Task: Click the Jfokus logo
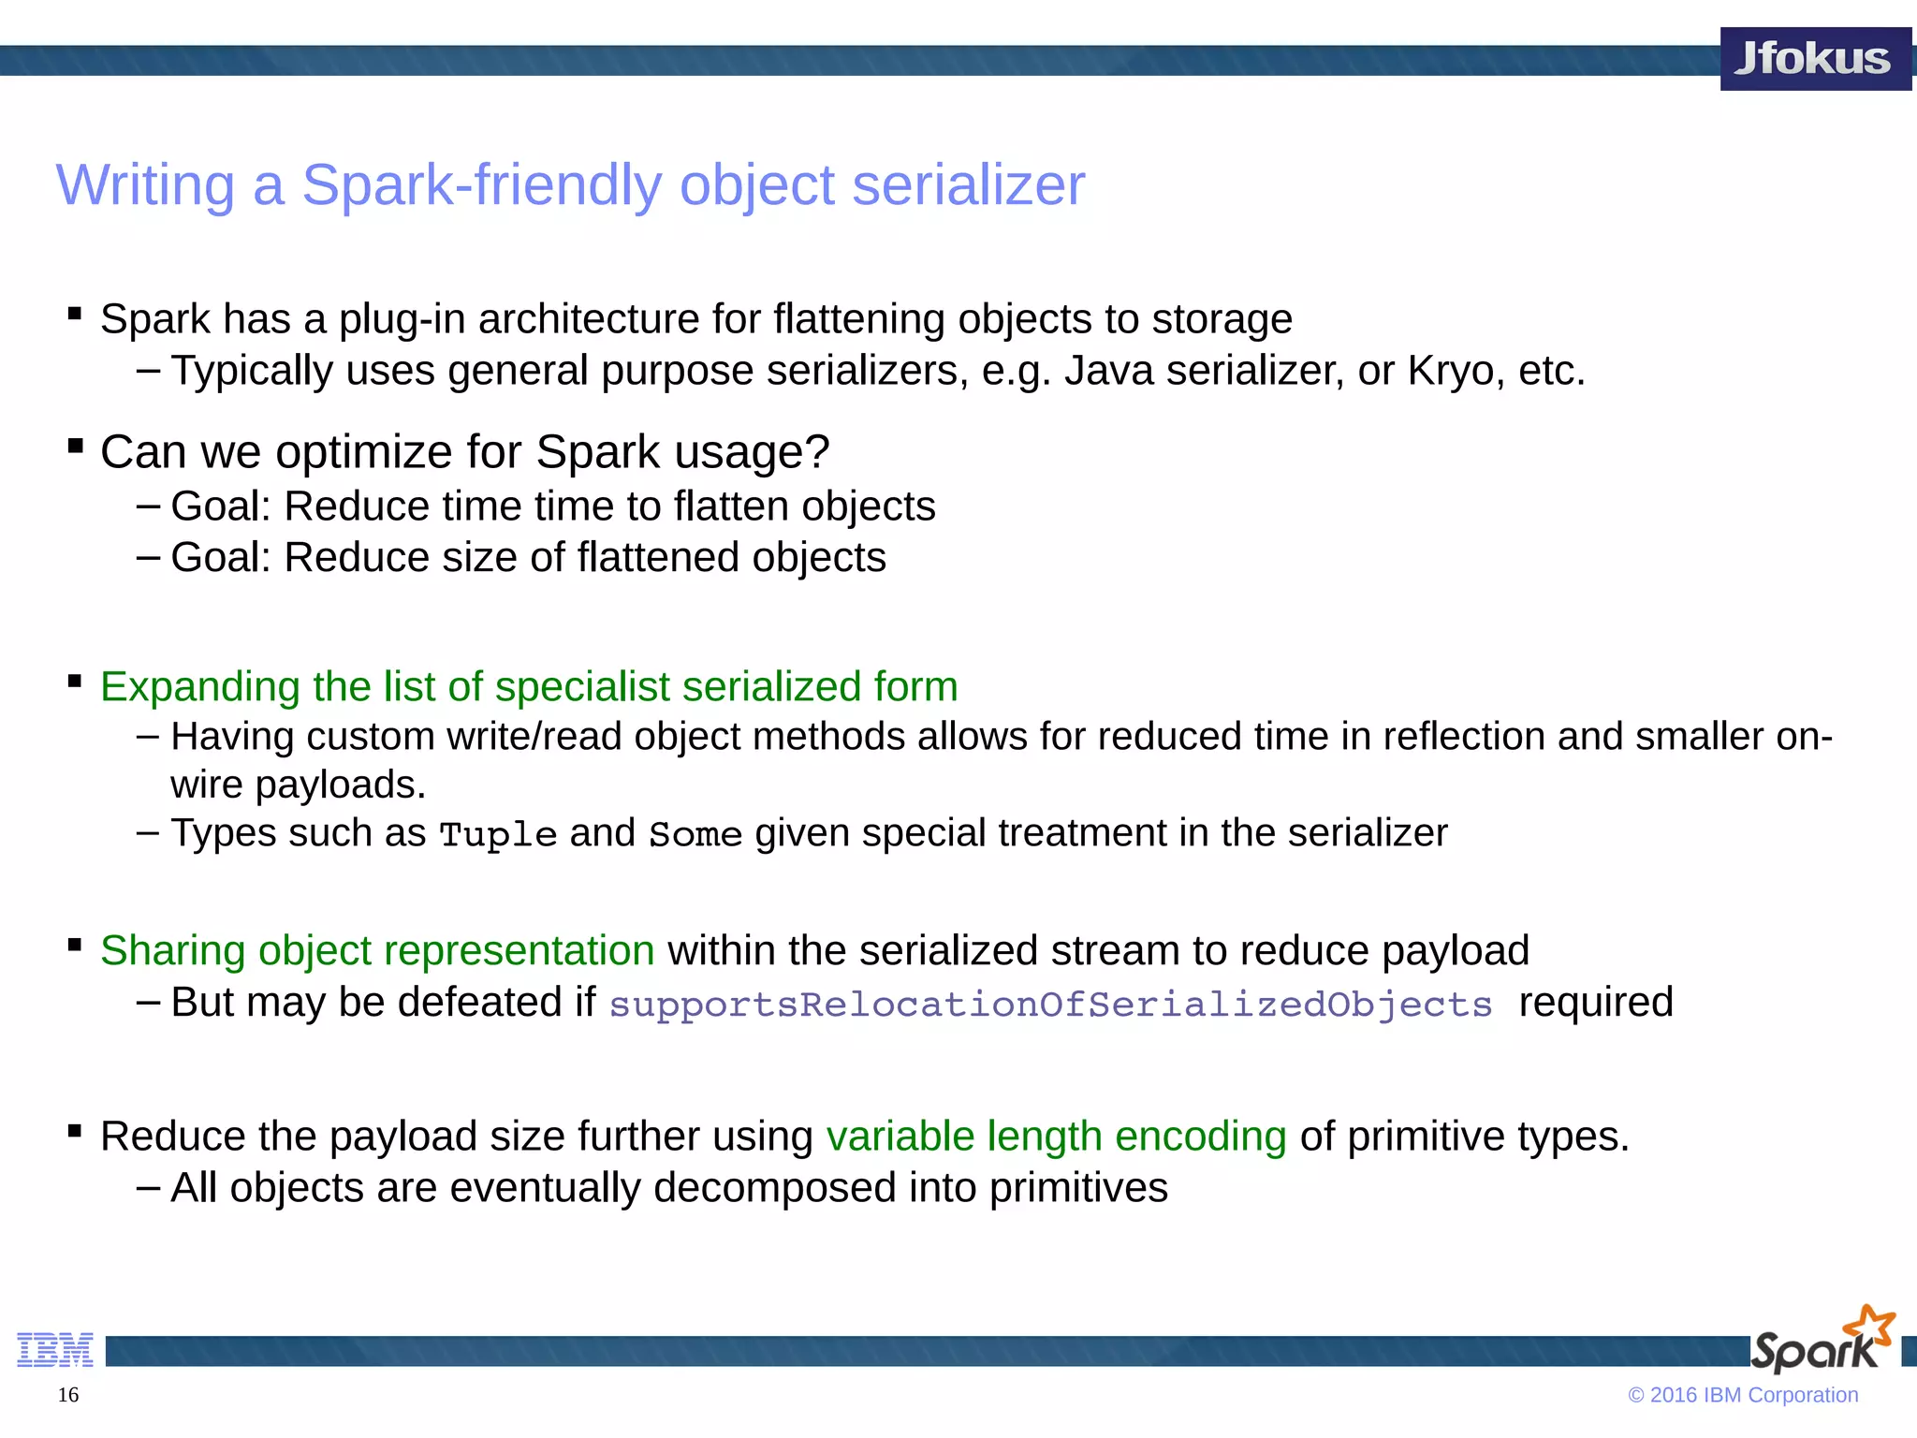coord(1814,59)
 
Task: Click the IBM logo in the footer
coord(55,1350)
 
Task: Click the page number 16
coord(68,1395)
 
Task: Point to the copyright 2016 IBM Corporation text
coord(1743,1395)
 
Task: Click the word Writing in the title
coord(145,185)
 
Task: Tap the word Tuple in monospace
coord(498,834)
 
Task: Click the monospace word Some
coord(695,834)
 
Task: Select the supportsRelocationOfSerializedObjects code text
coord(1050,1005)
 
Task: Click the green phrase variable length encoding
coord(1056,1137)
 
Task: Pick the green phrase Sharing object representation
coord(377,951)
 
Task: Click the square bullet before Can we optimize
coord(76,446)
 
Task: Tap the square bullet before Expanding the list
coord(76,681)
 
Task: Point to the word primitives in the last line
coord(1078,1189)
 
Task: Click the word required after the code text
coord(1595,1003)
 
